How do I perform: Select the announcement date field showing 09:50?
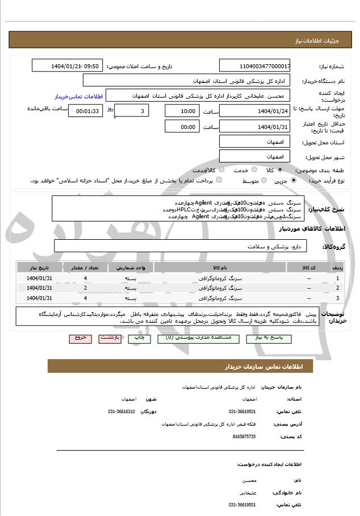[67, 66]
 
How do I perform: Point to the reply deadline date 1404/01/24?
[254, 111]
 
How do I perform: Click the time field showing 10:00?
[182, 111]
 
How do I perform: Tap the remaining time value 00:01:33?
[85, 111]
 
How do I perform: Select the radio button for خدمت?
[253, 170]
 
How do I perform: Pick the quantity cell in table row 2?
[85, 288]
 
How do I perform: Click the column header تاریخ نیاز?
[40, 267]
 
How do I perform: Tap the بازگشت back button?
[110, 338]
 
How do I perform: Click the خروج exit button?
[80, 338]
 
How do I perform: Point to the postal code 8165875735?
[244, 436]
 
